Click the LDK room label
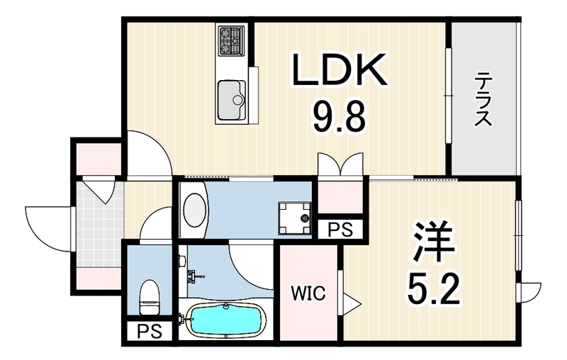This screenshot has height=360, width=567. (x=339, y=69)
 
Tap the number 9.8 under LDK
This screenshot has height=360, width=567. (x=339, y=116)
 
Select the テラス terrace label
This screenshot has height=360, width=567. (x=483, y=99)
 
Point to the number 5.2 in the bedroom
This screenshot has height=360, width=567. (x=434, y=290)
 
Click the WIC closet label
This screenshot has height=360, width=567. (x=309, y=293)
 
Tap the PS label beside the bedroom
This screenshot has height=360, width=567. (x=340, y=229)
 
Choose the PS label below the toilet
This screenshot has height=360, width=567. (x=150, y=331)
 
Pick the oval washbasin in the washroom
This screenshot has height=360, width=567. (x=194, y=210)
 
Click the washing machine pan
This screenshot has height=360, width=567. (x=294, y=218)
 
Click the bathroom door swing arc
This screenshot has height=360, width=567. (x=251, y=267)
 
